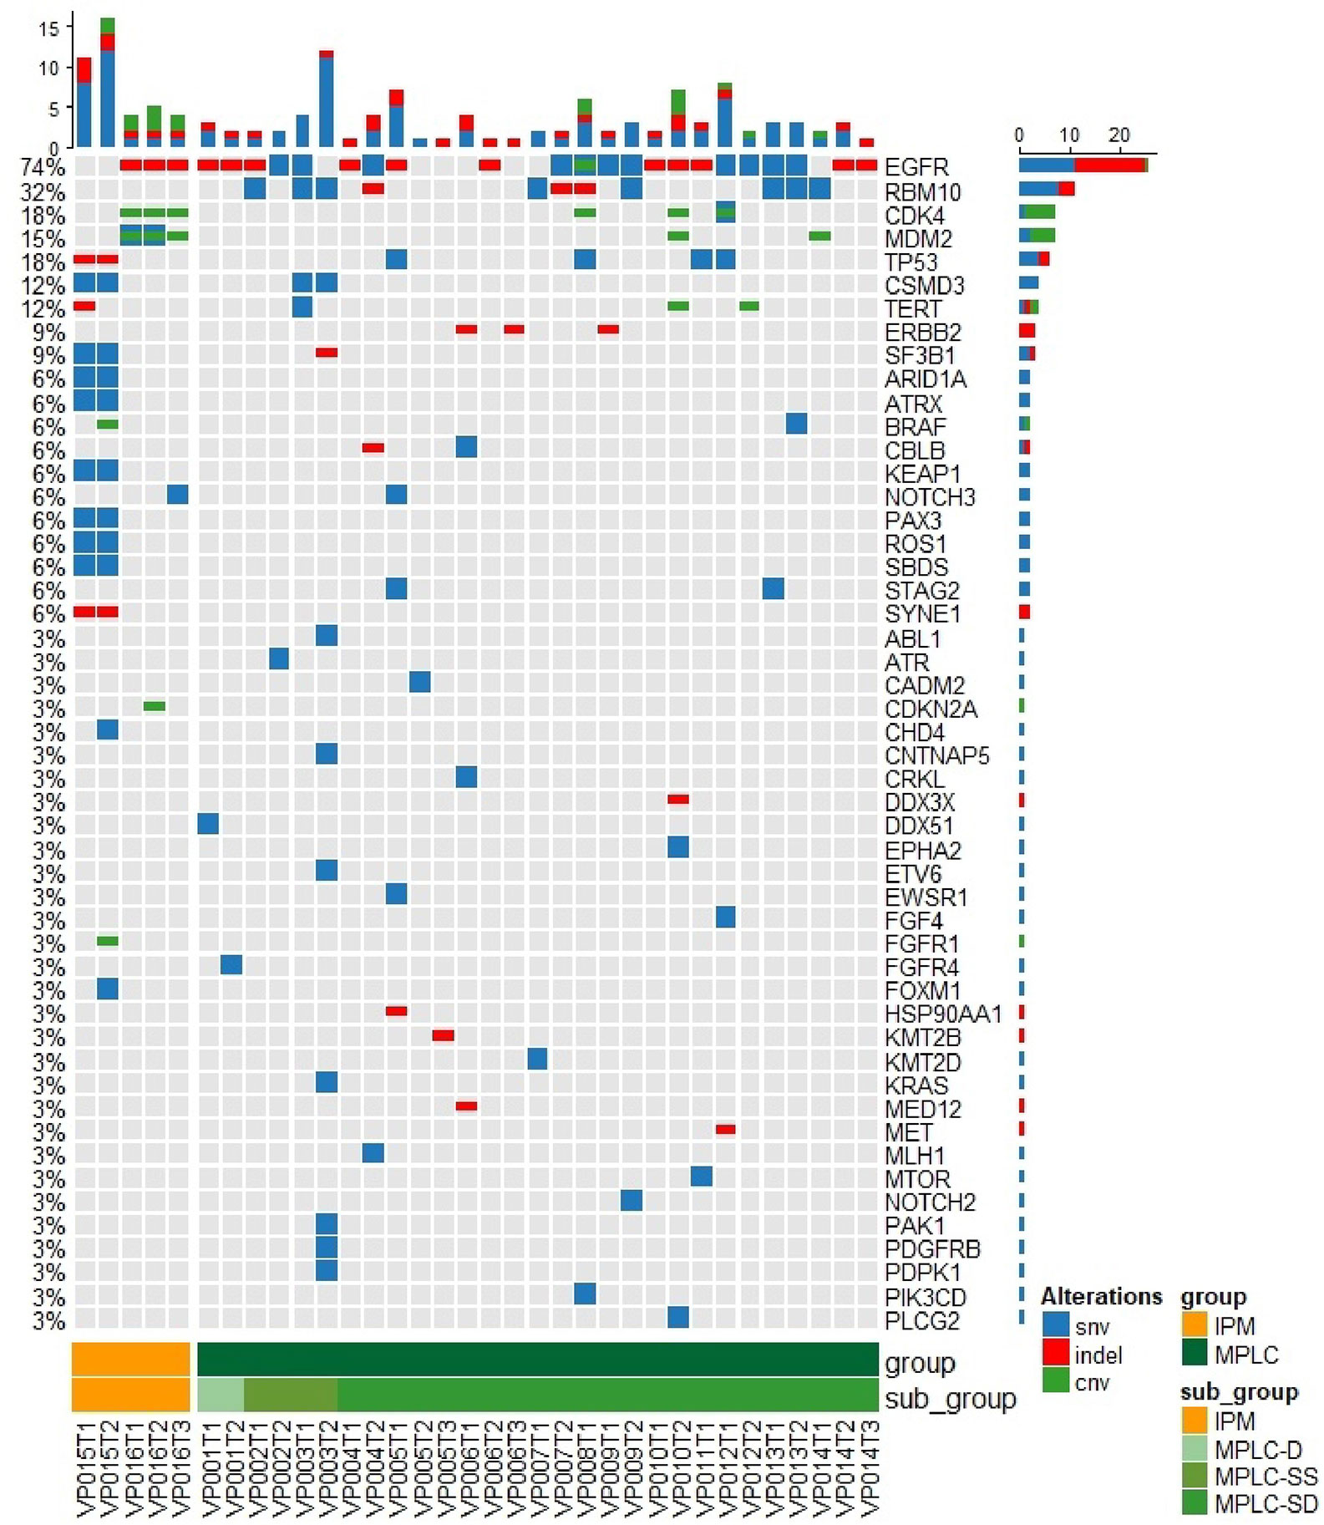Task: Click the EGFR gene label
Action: tap(916, 167)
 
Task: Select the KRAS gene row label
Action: tap(916, 1085)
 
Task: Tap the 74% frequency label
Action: tap(43, 167)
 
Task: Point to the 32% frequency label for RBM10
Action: tap(43, 192)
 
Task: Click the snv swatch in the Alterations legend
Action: tap(1056, 1326)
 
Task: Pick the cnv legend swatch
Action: tap(1056, 1382)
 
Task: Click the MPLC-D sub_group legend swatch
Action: tap(1195, 1449)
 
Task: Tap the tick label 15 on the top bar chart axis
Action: tap(48, 28)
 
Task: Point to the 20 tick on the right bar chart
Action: tap(1119, 135)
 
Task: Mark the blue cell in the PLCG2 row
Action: tap(678, 1317)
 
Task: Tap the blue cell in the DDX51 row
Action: tap(208, 824)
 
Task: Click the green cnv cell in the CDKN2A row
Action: tap(154, 706)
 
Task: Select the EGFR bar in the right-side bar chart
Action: tap(1083, 165)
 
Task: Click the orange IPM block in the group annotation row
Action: tap(130, 1359)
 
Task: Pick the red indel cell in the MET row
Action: tap(726, 1129)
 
